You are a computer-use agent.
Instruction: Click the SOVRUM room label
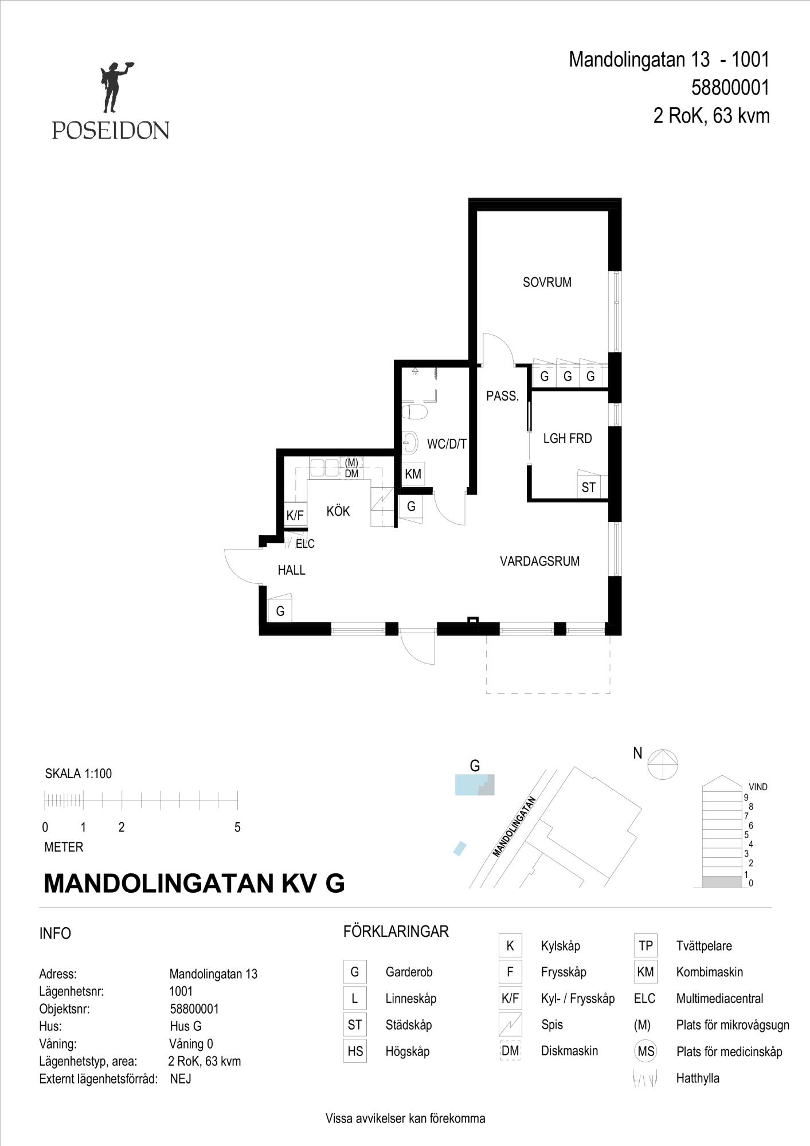coord(547,282)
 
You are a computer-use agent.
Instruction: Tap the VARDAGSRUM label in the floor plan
coord(539,561)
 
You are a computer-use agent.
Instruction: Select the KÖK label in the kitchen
coord(338,511)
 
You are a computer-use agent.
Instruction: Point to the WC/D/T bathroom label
coord(447,444)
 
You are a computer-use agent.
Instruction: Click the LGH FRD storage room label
coord(568,438)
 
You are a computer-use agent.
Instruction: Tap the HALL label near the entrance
coord(291,570)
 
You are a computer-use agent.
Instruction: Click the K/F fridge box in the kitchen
coord(295,515)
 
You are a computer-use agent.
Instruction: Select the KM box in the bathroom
coord(413,474)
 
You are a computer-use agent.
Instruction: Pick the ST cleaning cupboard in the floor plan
coord(589,487)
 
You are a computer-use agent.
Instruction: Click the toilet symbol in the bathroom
coord(414,412)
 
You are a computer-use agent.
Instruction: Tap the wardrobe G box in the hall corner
coord(280,611)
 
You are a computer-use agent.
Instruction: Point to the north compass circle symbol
coord(663,764)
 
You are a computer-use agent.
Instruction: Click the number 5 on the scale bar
coord(237,827)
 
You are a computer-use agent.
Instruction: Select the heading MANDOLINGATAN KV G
coord(194,884)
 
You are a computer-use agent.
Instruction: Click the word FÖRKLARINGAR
coord(396,932)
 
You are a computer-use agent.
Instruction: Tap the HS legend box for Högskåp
coord(355,1051)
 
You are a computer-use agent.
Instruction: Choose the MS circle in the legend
coord(646,1051)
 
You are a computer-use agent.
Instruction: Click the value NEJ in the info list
coord(181,1079)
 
